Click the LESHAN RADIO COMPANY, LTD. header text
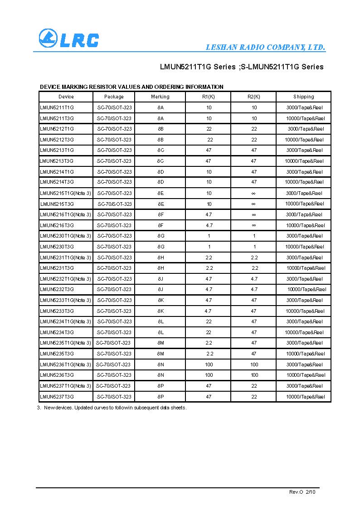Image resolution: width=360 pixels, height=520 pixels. [x=265, y=47]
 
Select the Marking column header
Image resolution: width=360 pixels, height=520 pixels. [x=160, y=97]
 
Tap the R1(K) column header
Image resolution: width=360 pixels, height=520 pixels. [x=209, y=97]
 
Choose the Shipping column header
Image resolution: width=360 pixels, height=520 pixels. [x=303, y=97]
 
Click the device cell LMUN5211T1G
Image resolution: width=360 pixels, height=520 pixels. [x=57, y=107]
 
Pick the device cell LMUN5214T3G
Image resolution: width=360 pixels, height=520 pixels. [x=57, y=182]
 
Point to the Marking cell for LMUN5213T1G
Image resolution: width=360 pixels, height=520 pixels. [x=161, y=150]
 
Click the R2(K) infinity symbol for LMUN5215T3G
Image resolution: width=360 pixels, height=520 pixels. [x=254, y=204]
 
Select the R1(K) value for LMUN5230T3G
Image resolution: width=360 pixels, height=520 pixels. [x=209, y=247]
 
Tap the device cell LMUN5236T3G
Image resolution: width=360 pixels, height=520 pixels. [x=57, y=375]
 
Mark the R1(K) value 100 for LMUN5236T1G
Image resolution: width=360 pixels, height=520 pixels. [x=209, y=364]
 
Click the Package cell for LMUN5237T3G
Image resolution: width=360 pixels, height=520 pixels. [x=114, y=397]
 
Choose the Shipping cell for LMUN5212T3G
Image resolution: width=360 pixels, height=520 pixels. [x=304, y=140]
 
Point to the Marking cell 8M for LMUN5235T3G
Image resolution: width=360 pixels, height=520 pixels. [x=161, y=354]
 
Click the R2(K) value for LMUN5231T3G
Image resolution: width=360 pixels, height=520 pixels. [x=255, y=268]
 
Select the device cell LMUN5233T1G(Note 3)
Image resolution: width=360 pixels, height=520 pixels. [x=65, y=300]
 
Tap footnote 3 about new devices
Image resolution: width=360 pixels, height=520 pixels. [x=112, y=408]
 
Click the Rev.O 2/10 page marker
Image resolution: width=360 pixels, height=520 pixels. [x=302, y=492]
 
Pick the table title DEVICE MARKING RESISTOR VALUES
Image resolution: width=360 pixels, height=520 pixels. [x=131, y=87]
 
